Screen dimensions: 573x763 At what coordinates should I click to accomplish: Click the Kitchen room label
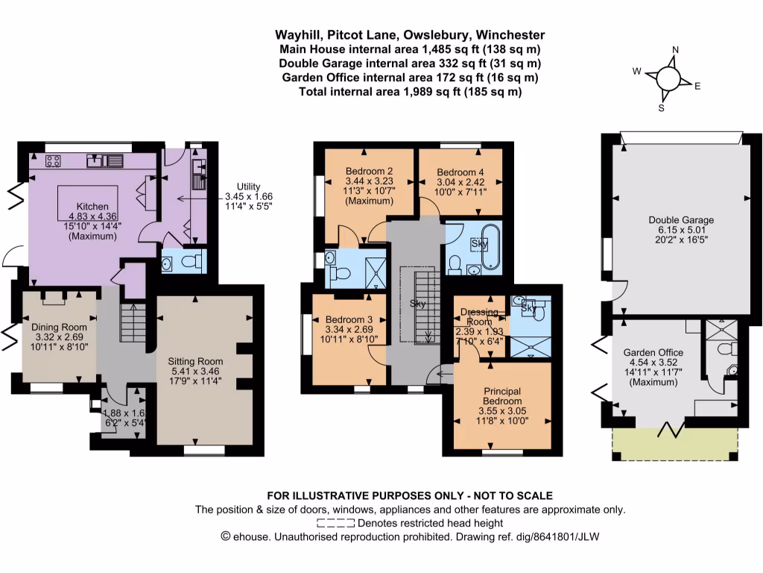93,207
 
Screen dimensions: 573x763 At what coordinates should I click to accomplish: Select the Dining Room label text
59,327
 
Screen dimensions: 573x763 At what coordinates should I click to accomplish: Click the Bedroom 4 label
460,170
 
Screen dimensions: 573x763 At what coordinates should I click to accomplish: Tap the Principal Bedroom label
501,391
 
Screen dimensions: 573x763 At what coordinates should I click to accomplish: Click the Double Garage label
680,220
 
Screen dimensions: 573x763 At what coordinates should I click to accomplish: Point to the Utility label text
249,187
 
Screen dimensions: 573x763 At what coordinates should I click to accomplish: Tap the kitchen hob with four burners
53,160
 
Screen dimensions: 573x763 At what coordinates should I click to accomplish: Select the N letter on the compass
674,51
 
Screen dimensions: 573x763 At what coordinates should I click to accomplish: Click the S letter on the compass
660,107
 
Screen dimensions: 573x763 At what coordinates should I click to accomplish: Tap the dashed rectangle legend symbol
335,523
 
